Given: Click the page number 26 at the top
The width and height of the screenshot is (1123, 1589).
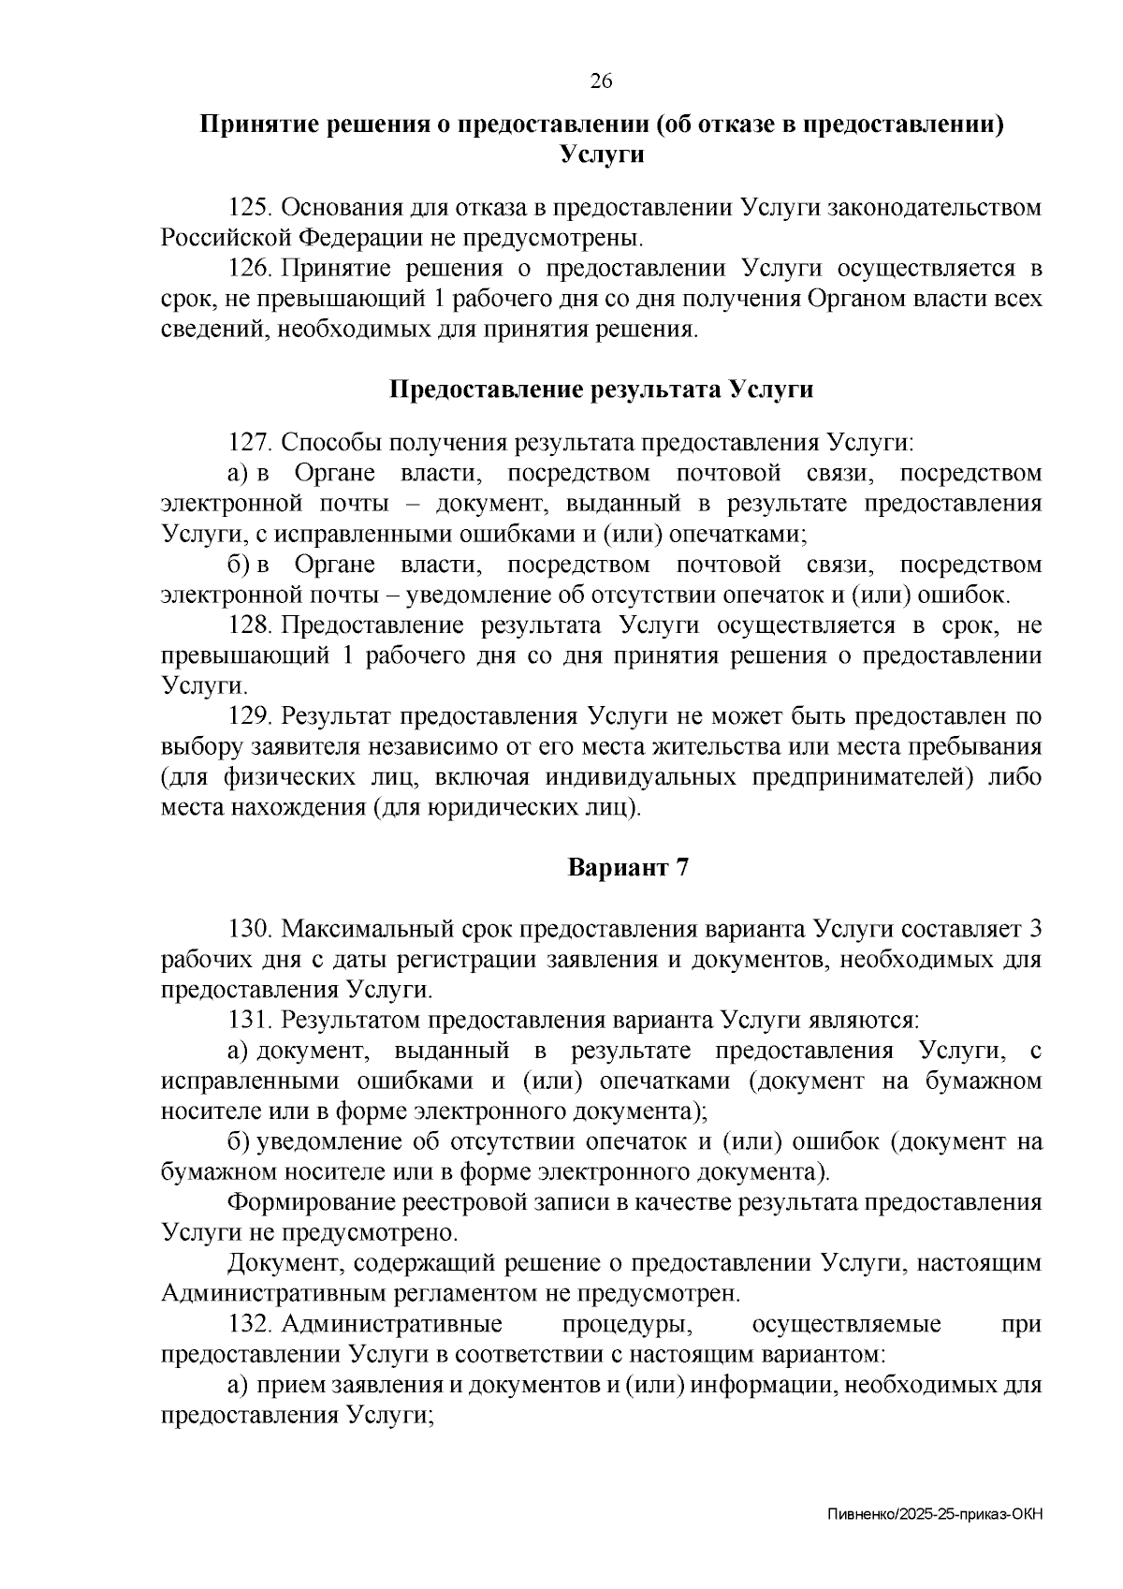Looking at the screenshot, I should pyautogui.click(x=600, y=81).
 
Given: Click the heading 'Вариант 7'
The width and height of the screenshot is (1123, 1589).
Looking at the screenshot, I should pyautogui.click(x=629, y=868).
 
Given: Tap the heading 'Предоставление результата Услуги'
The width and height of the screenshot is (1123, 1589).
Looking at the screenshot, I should pyautogui.click(x=601, y=390).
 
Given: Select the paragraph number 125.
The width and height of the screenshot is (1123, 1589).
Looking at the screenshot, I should pyautogui.click(x=250, y=208).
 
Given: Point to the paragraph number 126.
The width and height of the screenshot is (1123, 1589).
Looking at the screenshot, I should pyautogui.click(x=250, y=270).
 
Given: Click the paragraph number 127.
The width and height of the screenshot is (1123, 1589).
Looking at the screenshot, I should pyautogui.click(x=250, y=443).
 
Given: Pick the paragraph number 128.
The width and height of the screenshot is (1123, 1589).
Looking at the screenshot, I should pyautogui.click(x=250, y=625).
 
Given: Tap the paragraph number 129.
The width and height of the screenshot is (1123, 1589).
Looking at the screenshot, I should pyautogui.click(x=250, y=717).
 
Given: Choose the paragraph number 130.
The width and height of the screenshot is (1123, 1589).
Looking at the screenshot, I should pyautogui.click(x=250, y=930).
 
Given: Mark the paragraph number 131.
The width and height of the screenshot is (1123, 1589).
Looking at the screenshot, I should pyautogui.click(x=250, y=1020).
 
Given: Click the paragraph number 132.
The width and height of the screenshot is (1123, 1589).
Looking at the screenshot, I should pyautogui.click(x=250, y=1325).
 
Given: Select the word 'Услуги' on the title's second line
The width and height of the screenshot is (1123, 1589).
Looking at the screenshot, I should pyautogui.click(x=602, y=154).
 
